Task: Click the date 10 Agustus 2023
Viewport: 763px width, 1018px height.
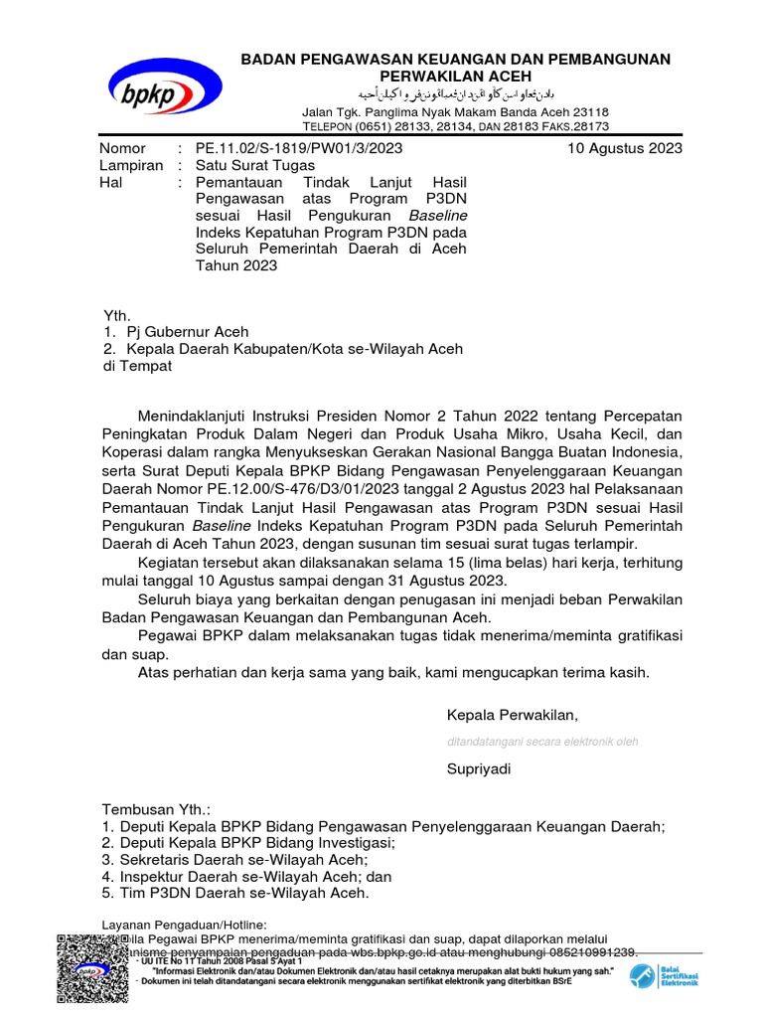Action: [x=625, y=149]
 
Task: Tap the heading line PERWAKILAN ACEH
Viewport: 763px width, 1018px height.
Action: [x=456, y=77]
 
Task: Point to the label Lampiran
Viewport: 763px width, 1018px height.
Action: [x=131, y=166]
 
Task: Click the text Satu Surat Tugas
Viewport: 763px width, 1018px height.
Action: [x=255, y=166]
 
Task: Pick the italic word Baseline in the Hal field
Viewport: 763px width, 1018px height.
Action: [x=437, y=215]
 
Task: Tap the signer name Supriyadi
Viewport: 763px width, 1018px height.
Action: [x=480, y=768]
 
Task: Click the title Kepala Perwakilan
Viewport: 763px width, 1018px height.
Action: [x=512, y=715]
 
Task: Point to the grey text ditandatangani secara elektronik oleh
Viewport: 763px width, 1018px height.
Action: [x=542, y=742]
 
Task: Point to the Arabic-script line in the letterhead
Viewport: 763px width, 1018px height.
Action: [x=456, y=95]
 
